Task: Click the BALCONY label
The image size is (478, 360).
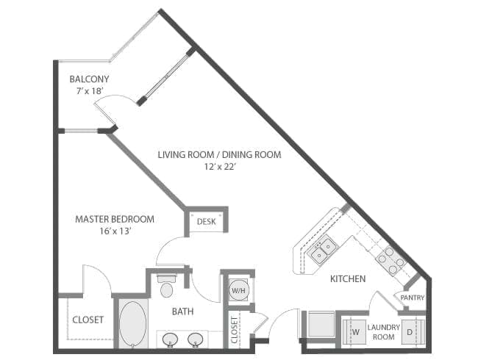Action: point(89,79)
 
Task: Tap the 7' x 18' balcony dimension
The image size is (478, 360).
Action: point(88,91)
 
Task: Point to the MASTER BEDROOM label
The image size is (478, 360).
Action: point(115,219)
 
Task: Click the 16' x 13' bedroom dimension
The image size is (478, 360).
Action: point(115,231)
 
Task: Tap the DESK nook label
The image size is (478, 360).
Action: point(207,221)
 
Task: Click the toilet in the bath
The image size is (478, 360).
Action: point(166,286)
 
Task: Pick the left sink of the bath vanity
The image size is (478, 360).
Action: point(170,339)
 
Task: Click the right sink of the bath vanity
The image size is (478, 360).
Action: point(195,339)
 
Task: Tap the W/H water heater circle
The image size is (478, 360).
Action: point(238,290)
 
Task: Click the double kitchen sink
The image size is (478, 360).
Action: point(323,249)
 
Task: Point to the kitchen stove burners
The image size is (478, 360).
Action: point(391,260)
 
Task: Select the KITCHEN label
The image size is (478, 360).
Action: point(348,278)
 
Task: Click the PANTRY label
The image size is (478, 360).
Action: point(412,298)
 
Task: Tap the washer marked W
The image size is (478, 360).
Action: point(354,331)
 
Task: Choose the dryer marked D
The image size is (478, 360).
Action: point(413,331)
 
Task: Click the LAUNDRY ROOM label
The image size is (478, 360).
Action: point(383,332)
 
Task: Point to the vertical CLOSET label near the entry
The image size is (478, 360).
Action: point(235,330)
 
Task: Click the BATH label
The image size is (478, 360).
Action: point(182,312)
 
